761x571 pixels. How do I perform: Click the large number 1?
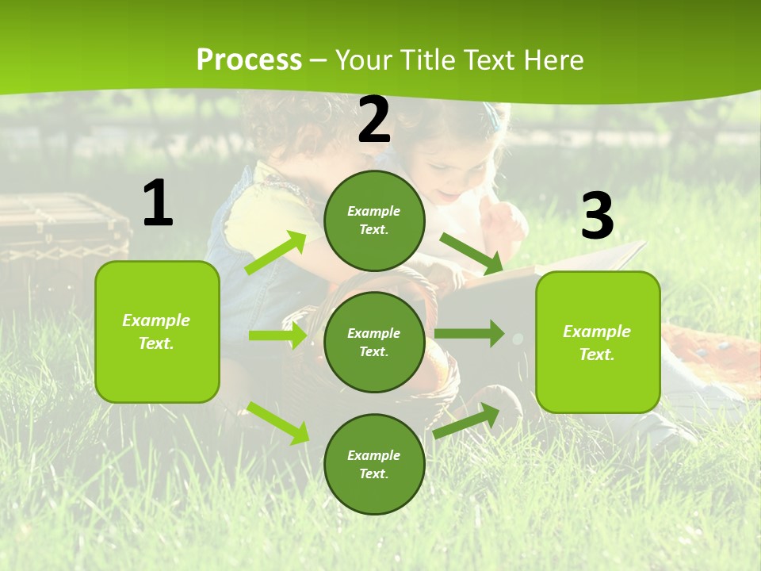158,204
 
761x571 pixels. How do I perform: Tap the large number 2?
374,120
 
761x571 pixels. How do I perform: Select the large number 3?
597,217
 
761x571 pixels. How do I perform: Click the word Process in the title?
249,59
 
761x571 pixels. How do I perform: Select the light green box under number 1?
157,331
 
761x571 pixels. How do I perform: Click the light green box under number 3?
598,342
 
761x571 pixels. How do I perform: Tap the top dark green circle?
374,220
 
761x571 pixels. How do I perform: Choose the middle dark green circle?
374,342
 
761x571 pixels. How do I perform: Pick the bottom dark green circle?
374,464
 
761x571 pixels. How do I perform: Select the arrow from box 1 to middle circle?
277,335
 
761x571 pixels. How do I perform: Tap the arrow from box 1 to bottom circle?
277,422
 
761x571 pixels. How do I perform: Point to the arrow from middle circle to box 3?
469,333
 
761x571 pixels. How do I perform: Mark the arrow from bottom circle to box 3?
467,421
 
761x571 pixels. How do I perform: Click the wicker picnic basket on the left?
59,230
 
